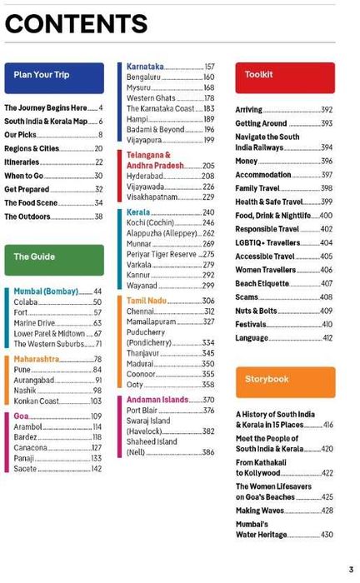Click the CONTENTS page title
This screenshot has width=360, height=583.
pyautogui.click(x=76, y=24)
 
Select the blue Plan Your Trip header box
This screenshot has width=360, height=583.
pyautogui.click(x=54, y=77)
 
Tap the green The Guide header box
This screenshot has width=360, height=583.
pyautogui.click(x=54, y=258)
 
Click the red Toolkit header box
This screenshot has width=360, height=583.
pyautogui.click(x=285, y=77)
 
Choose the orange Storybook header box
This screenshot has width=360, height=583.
pyautogui.click(x=285, y=381)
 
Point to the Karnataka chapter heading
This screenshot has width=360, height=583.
pyautogui.click(x=145, y=67)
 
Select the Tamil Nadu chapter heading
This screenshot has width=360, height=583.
pyautogui.click(x=147, y=300)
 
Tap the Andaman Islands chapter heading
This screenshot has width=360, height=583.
pyautogui.click(x=157, y=400)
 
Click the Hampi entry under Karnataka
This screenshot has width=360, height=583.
pyautogui.click(x=137, y=119)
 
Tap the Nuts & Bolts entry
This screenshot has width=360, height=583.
pyautogui.click(x=256, y=311)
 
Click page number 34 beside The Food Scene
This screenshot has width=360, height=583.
pyautogui.click(x=98, y=202)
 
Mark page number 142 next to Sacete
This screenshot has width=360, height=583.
pyautogui.click(x=97, y=469)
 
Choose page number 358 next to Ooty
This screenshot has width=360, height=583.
pyautogui.click(x=208, y=385)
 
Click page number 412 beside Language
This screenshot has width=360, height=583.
pyautogui.click(x=327, y=338)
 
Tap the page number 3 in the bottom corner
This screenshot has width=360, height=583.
pyautogui.click(x=351, y=570)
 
